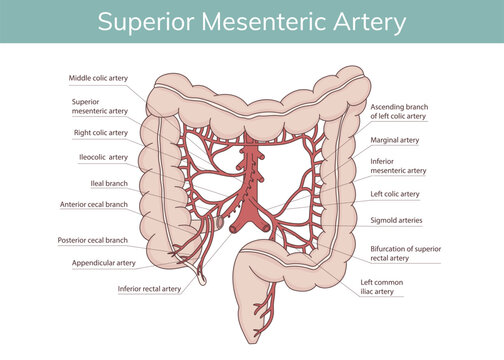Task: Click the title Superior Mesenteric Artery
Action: click(252, 21)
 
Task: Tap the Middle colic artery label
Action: click(98, 77)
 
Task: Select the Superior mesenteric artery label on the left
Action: click(100, 106)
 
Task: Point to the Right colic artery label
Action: click(101, 132)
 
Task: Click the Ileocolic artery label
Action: click(103, 157)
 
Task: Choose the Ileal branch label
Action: click(109, 184)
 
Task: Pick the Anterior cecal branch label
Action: click(94, 204)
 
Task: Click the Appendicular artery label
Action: click(104, 263)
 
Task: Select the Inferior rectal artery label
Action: click(149, 289)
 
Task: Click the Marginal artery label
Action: click(394, 141)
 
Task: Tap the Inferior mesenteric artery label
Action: click(398, 165)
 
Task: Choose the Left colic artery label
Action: click(395, 194)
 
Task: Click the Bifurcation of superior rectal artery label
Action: click(414, 252)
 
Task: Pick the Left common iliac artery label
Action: click(382, 288)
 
